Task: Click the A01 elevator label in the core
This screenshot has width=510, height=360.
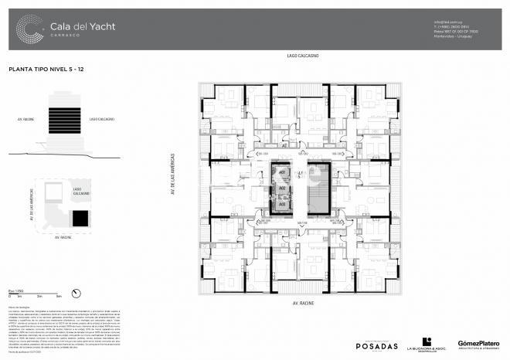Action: (x=283, y=172)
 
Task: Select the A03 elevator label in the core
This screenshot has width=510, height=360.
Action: (x=283, y=203)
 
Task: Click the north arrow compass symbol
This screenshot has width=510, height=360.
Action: (x=76, y=291)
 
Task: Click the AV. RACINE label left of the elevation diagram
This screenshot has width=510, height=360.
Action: (x=26, y=120)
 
